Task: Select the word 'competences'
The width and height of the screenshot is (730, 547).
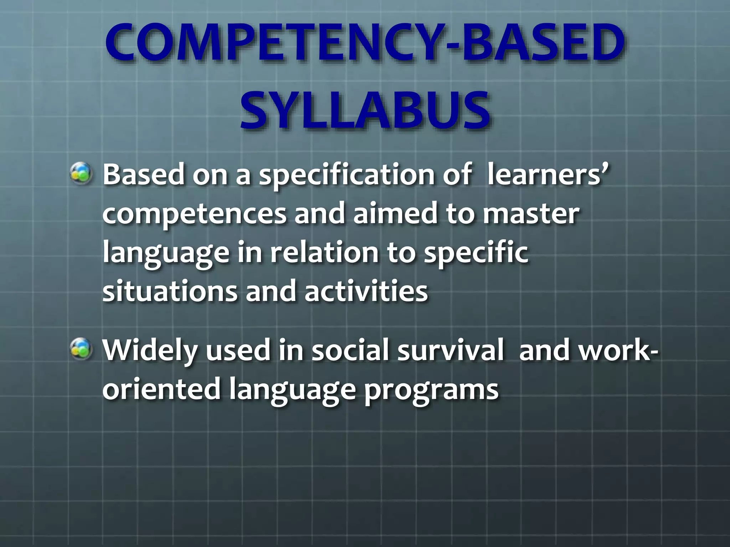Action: [x=194, y=214]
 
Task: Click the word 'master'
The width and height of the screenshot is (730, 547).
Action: [x=531, y=214]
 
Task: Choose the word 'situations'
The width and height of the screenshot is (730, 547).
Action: [x=170, y=291]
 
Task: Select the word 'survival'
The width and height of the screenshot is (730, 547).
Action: [x=450, y=350]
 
